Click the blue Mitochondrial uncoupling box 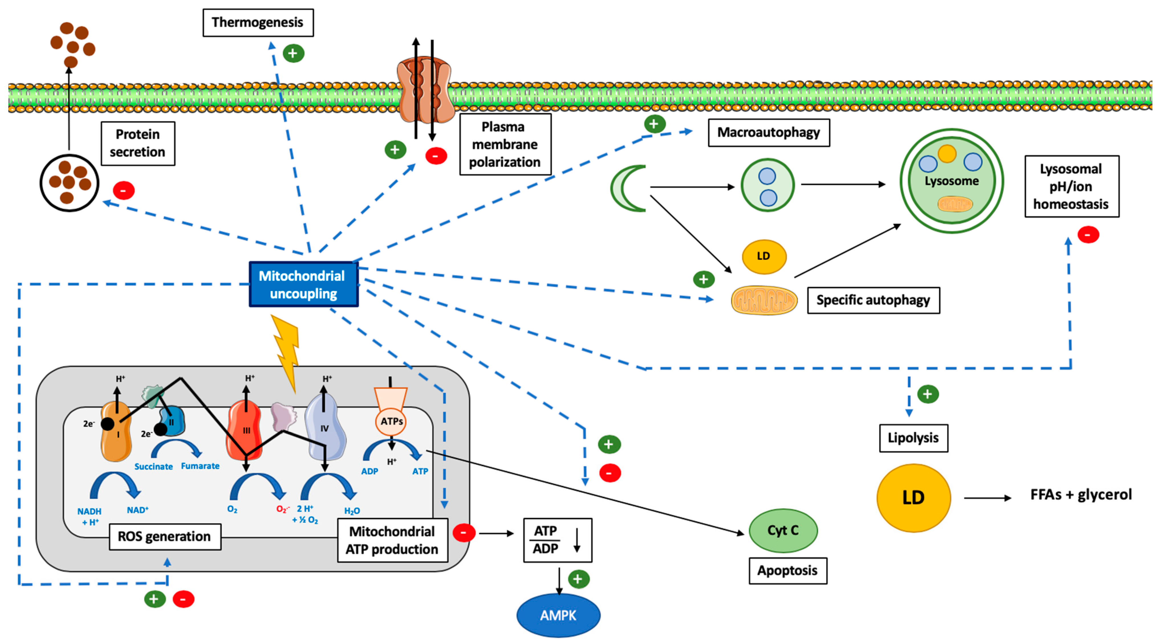point(304,284)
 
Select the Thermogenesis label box point(258,23)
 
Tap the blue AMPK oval point(558,615)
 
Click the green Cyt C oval point(783,531)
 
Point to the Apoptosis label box point(787,570)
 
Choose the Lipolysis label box point(913,438)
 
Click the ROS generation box point(165,536)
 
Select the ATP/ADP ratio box point(557,540)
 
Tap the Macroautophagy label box point(768,132)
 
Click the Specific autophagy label point(873,300)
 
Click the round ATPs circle point(391,422)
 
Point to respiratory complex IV point(325,427)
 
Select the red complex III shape point(245,430)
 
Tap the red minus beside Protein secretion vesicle point(124,190)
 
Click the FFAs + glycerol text point(1081,494)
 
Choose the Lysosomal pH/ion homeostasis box point(1071,186)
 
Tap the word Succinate point(153,467)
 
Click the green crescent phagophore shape point(626,188)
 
